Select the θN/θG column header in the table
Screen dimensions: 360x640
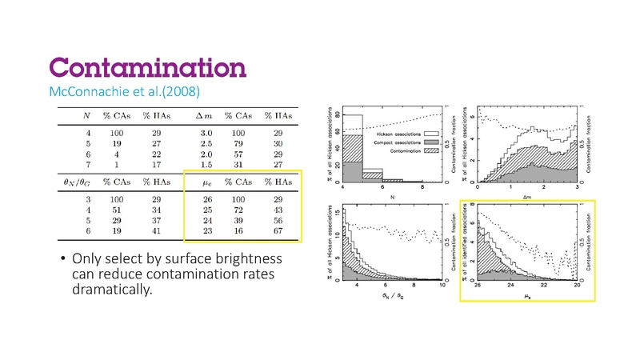point(70,182)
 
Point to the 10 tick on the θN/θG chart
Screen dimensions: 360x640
point(439,286)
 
